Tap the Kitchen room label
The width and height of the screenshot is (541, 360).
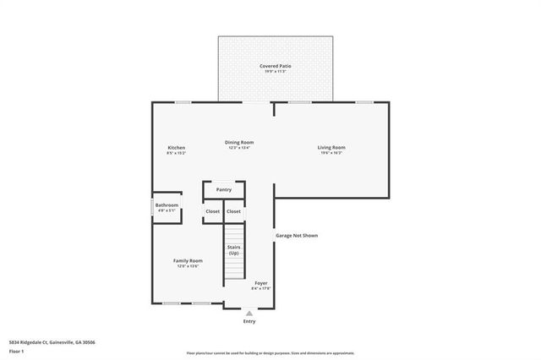[176, 148]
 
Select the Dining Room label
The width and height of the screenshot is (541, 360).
[239, 142]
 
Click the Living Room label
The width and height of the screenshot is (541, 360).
[331, 148]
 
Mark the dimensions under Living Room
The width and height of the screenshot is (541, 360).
[331, 154]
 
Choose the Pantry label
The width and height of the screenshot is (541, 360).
[224, 189]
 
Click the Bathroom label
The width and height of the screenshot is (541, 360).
[167, 205]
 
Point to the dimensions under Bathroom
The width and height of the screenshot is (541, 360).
[167, 210]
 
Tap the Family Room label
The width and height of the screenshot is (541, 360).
[188, 260]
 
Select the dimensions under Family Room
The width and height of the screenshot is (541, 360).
[188, 266]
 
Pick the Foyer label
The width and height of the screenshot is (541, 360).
[261, 282]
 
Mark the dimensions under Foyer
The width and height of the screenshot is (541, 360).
[261, 288]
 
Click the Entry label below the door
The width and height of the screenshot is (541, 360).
[249, 321]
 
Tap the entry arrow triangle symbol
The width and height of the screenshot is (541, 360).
[249, 313]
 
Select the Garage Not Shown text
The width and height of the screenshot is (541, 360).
[297, 235]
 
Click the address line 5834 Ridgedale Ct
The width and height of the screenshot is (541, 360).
[46, 341]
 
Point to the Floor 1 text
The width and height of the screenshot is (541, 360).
[16, 350]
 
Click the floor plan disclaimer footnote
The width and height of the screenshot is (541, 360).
[270, 352]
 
